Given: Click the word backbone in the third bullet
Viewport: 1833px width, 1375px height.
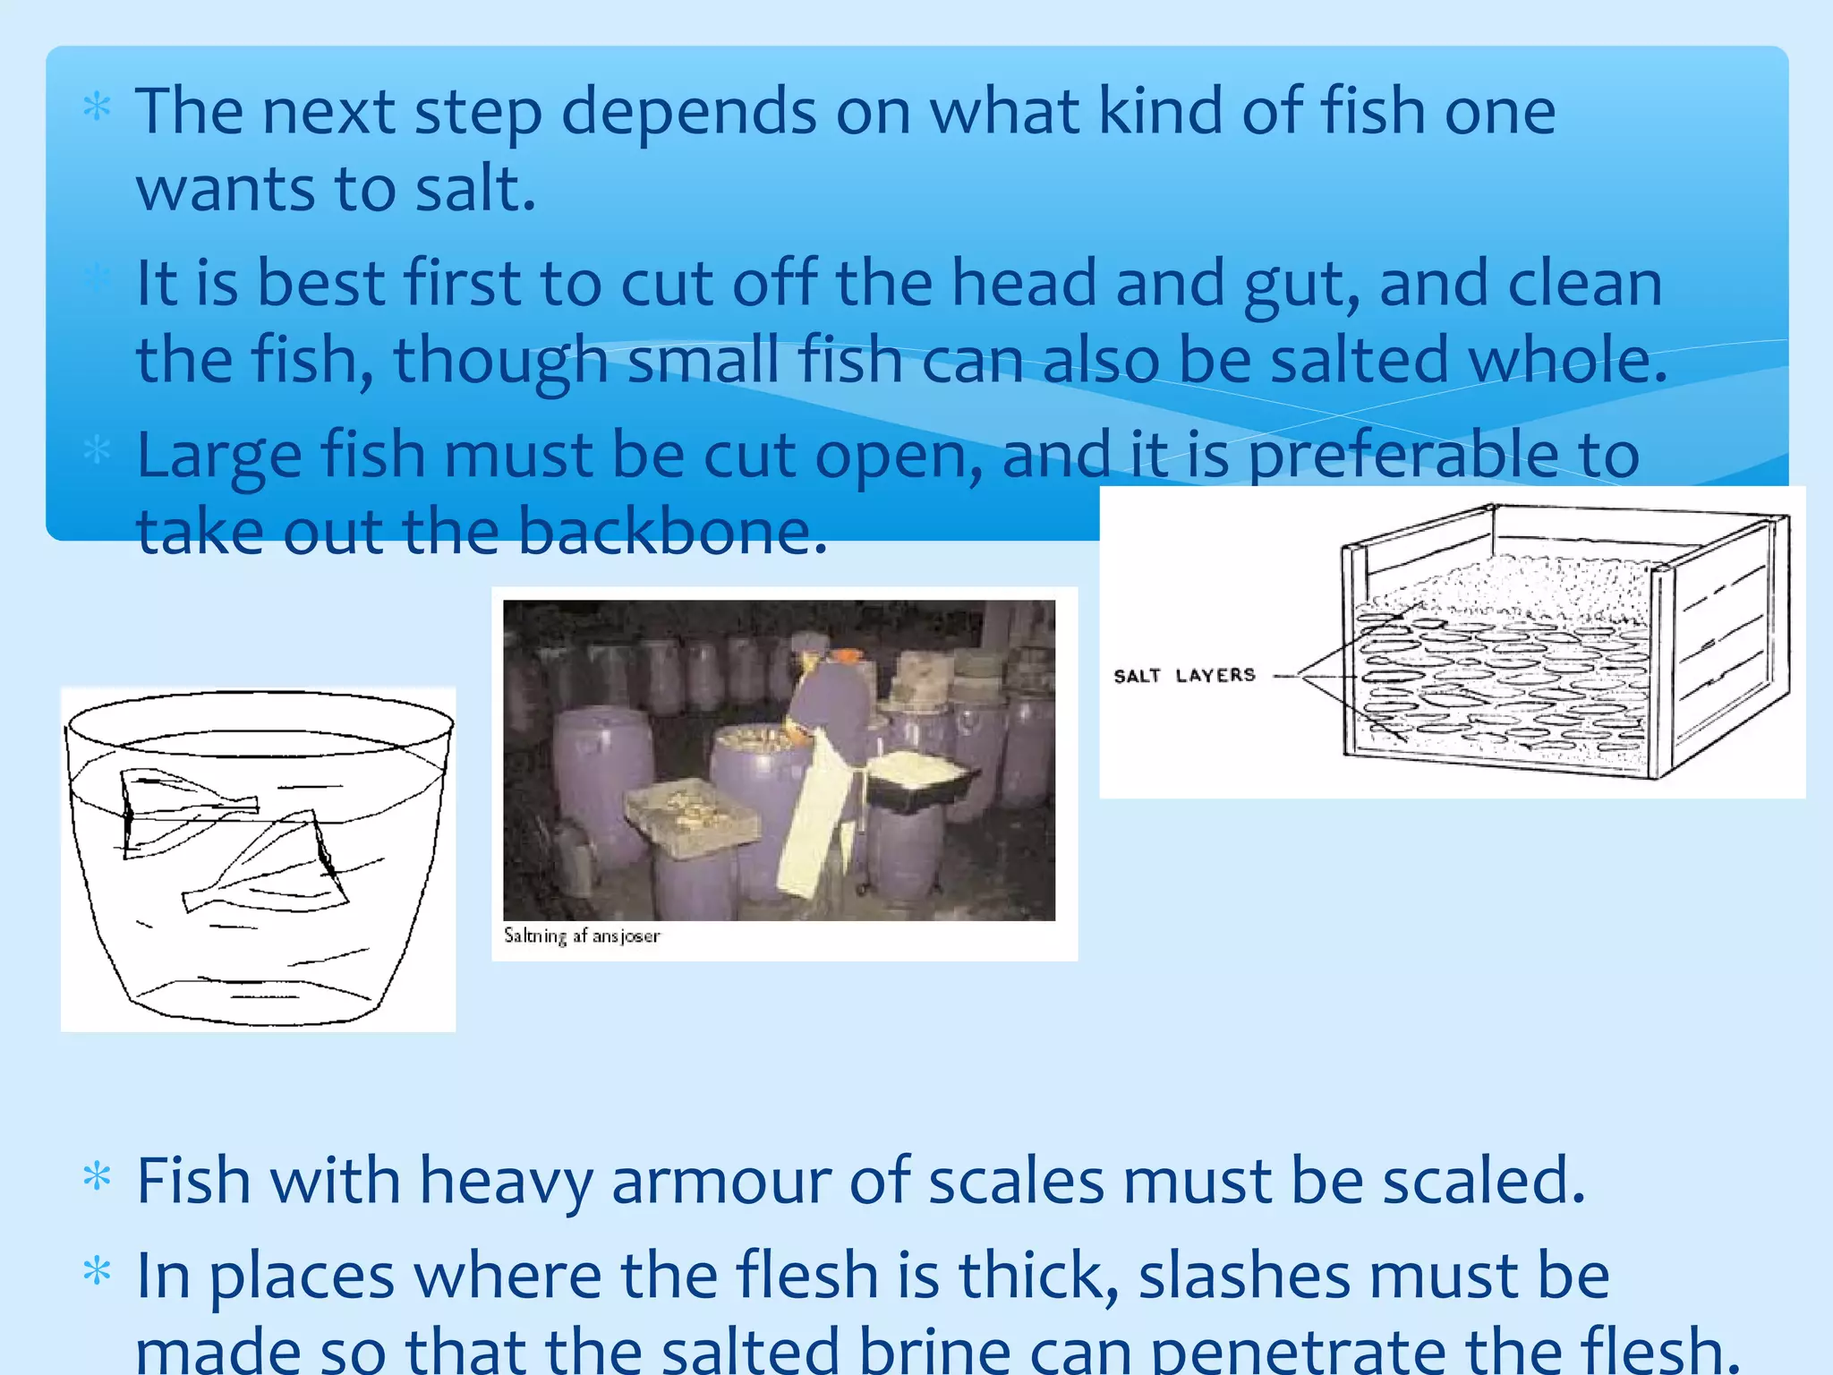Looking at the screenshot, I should [671, 532].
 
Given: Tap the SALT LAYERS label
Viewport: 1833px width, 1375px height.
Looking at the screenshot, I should [1184, 676].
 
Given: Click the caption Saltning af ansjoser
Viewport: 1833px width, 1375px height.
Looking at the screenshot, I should [582, 935].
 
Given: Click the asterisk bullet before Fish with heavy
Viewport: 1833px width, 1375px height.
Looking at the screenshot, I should [97, 1177].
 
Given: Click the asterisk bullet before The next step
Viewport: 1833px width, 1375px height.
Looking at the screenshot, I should [97, 108].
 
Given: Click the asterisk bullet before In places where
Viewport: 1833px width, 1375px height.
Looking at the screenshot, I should [97, 1272].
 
